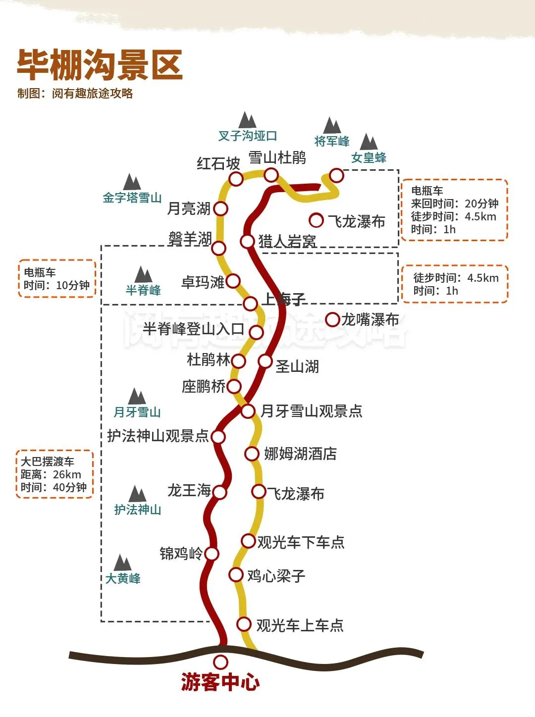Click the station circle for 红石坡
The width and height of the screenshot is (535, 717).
(236, 179)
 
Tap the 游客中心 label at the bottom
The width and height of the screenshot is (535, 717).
(220, 682)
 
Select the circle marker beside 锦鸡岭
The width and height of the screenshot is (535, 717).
(212, 554)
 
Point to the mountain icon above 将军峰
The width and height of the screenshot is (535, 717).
(332, 126)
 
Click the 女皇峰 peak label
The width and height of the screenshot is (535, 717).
(369, 158)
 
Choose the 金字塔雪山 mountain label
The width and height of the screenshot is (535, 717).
(132, 198)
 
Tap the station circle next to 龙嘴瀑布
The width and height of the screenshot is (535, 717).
(332, 319)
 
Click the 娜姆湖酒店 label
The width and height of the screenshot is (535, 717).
(300, 454)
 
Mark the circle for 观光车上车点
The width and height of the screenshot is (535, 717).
(243, 624)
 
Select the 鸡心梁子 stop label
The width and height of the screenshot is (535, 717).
(276, 576)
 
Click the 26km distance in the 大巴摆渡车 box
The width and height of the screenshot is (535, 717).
(67, 474)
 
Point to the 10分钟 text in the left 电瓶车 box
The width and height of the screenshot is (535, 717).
(73, 286)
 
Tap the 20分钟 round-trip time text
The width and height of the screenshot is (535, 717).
(481, 204)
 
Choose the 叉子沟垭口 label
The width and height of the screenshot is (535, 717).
(248, 136)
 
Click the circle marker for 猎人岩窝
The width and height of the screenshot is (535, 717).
(247, 241)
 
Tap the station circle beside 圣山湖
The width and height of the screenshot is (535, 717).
(265, 361)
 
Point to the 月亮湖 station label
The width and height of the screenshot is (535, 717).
(189, 209)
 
